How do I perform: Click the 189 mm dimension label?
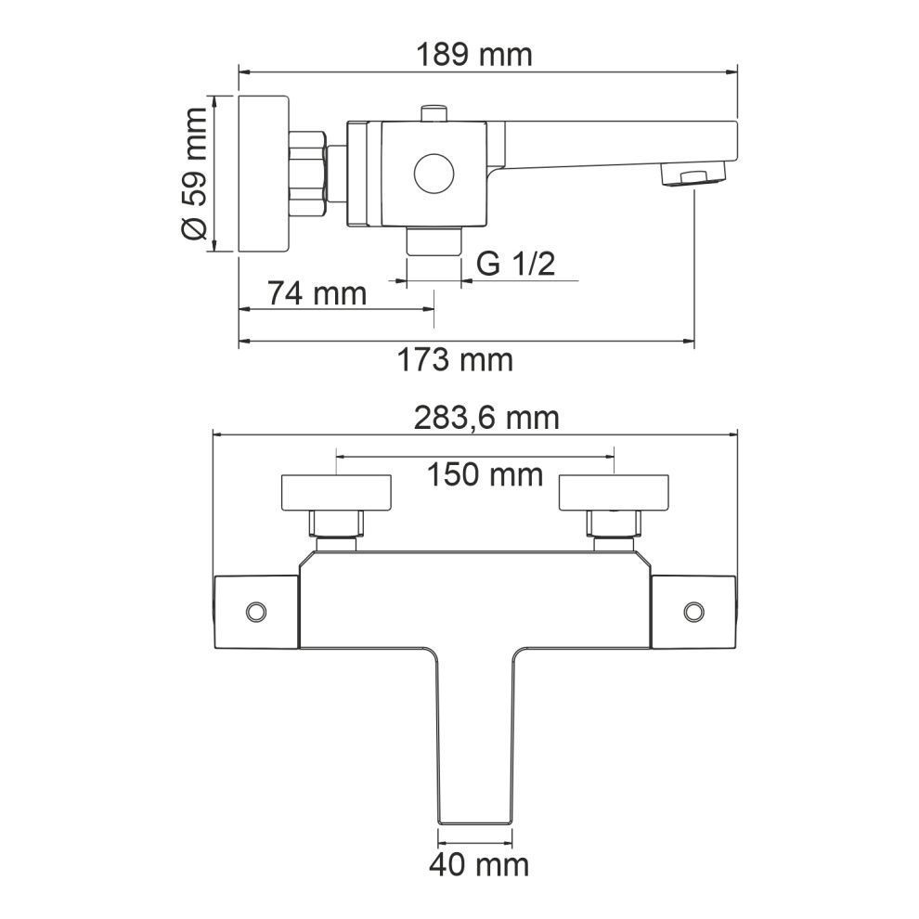point(474,55)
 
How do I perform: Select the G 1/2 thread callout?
point(516,264)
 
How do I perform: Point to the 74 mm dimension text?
point(317,293)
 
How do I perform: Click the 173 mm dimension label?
point(455,360)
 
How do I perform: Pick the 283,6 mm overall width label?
point(486,419)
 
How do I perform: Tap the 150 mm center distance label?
point(485,474)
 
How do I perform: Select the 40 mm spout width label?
point(479,864)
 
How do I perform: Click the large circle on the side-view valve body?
point(434,175)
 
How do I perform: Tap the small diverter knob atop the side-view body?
point(434,113)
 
